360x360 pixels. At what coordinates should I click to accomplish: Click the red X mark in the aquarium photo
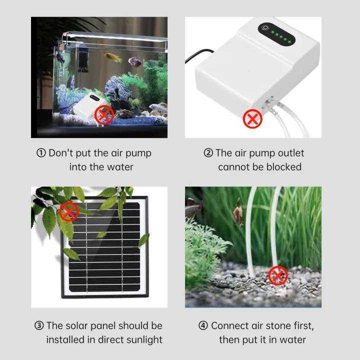pyautogui.click(x=104, y=116)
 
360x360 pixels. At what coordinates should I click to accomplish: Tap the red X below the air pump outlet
pyautogui.click(x=252, y=119)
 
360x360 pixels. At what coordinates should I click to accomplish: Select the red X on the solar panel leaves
pyautogui.click(x=68, y=212)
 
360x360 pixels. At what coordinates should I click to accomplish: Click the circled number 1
pyautogui.click(x=41, y=153)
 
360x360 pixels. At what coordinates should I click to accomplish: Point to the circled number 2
pyautogui.click(x=208, y=153)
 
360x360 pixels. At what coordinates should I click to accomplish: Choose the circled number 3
pyautogui.click(x=39, y=325)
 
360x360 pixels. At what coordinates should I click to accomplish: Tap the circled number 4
pyautogui.click(x=203, y=325)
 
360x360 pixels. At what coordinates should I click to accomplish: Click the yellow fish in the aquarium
pyautogui.click(x=113, y=57)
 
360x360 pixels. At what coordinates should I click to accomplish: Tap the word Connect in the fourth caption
pyautogui.click(x=229, y=325)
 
